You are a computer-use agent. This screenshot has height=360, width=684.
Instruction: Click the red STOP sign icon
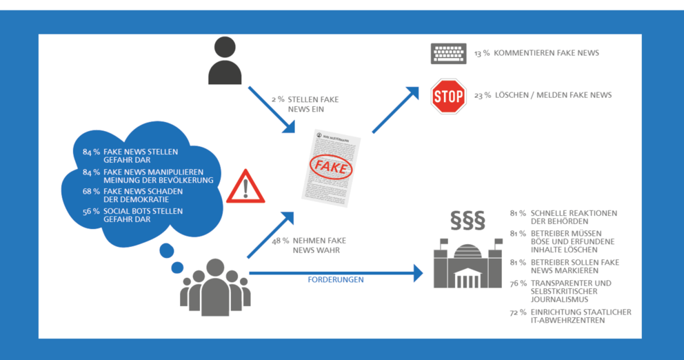[x=448, y=97]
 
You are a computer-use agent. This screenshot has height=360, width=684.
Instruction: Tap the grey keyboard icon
[x=448, y=54]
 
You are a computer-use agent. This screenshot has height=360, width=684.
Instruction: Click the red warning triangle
[x=245, y=187]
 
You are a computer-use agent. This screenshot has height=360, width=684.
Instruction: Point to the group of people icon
[x=215, y=286]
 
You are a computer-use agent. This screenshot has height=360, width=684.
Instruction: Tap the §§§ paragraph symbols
[x=467, y=219]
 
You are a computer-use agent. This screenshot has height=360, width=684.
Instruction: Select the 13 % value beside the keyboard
[x=481, y=53]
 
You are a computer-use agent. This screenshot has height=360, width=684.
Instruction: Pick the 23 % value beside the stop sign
[x=481, y=95]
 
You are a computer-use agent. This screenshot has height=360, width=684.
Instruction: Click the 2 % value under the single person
[x=278, y=99]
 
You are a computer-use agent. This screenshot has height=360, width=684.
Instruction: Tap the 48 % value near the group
[x=280, y=241]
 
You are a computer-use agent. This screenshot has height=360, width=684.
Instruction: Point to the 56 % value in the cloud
[x=91, y=211]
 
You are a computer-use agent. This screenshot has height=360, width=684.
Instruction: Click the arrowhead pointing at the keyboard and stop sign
[x=413, y=92]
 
